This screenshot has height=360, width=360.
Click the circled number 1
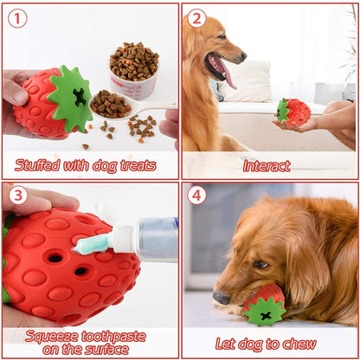click(17, 18)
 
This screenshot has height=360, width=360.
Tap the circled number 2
click(196, 18)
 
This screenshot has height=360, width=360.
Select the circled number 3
click(18, 196)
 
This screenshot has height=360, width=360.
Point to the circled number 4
click(196, 196)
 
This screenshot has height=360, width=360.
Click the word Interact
click(267, 166)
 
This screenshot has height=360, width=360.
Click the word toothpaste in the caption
click(113, 337)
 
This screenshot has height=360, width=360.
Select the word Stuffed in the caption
click(37, 165)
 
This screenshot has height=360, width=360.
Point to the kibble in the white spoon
click(108, 104)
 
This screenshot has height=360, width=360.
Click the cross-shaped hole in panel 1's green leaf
click(80, 97)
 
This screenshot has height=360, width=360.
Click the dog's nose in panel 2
click(243, 56)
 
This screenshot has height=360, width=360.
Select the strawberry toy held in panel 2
click(293, 112)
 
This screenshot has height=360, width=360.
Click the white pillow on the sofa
click(247, 81)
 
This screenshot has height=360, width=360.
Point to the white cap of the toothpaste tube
click(123, 239)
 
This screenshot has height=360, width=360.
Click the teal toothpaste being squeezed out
click(92, 245)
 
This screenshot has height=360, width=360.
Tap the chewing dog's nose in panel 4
click(222, 298)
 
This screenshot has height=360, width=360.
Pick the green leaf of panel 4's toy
click(265, 312)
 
